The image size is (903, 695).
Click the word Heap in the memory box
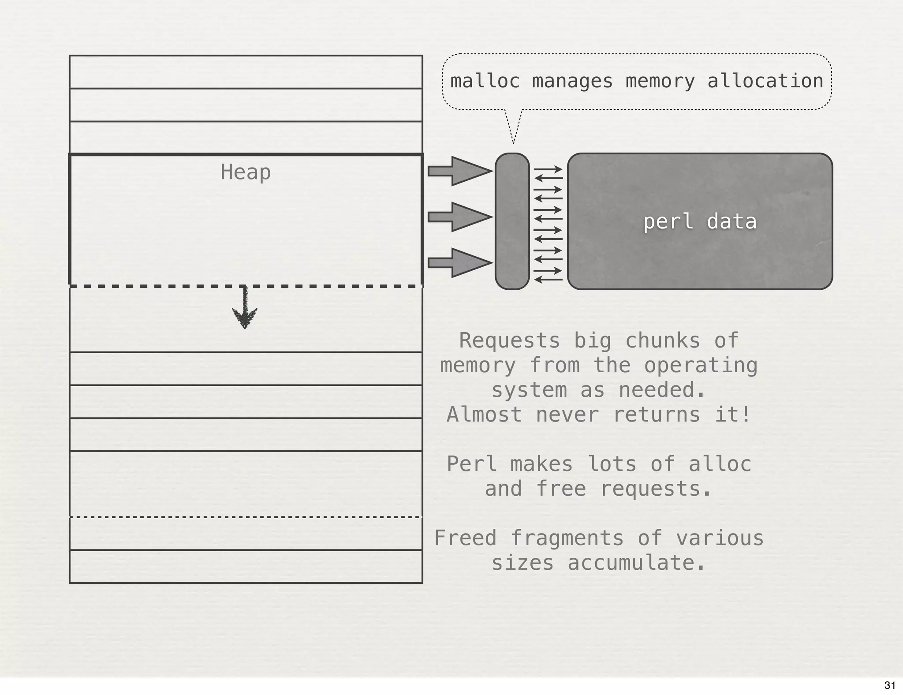[x=246, y=172]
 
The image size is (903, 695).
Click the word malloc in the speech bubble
[x=485, y=81]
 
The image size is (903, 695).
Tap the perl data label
[x=700, y=221]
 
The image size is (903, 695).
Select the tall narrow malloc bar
[x=512, y=221]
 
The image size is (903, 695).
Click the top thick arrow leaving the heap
[x=460, y=171]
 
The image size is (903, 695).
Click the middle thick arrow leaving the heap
[x=460, y=217]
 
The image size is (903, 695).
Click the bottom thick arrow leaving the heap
[x=460, y=263]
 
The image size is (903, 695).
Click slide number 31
[x=890, y=685]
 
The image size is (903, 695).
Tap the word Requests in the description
[x=510, y=340]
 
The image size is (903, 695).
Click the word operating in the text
[x=701, y=365]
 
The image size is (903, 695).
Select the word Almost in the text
[x=485, y=415]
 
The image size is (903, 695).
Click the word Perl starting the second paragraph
[x=472, y=464]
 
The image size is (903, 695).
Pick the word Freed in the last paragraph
[x=466, y=538]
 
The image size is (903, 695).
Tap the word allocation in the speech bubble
[x=765, y=81]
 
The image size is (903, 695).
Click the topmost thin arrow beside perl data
[x=549, y=169]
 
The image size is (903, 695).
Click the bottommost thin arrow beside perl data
[x=549, y=280]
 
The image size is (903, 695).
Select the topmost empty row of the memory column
[x=246, y=72]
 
